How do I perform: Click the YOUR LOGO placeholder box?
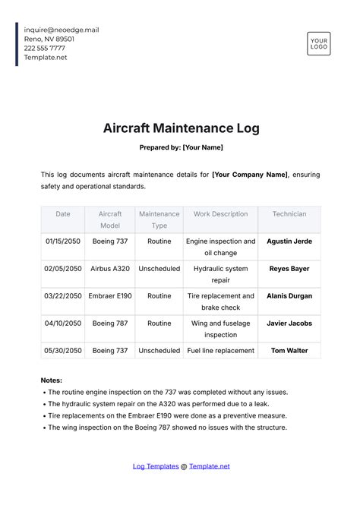[x=318, y=43]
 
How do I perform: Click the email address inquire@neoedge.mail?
[x=62, y=30]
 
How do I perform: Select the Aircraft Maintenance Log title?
[x=181, y=128]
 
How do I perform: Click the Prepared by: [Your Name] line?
[x=181, y=147]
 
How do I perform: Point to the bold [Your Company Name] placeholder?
[x=249, y=175]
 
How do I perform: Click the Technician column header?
[x=289, y=214]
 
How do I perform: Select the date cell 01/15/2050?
[x=62, y=241]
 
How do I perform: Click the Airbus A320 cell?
[x=110, y=269]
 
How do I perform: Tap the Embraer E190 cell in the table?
[x=110, y=296]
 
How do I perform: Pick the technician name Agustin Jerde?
[x=289, y=241]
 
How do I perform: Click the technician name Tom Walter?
[x=289, y=351]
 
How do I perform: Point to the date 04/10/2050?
[x=62, y=323]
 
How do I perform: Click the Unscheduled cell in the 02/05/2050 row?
[x=159, y=269]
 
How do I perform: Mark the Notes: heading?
[x=52, y=380]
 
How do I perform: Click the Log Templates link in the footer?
[x=156, y=466]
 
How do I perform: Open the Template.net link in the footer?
[x=209, y=466]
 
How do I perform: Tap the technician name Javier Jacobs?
[x=289, y=323]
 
